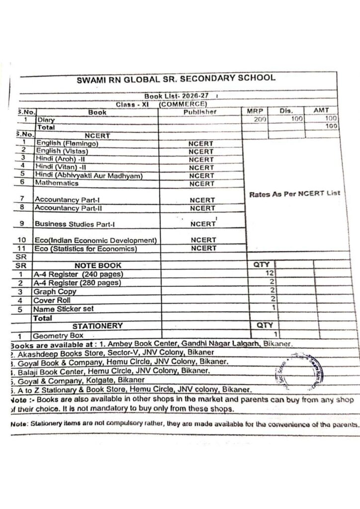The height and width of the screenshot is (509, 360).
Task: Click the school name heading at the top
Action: click(176, 79)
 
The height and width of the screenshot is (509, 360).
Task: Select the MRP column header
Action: click(255, 111)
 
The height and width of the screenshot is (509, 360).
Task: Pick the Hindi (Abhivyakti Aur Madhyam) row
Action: click(89, 175)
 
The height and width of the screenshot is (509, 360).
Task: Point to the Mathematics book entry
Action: click(57, 183)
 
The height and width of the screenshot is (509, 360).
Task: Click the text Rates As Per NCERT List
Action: click(294, 194)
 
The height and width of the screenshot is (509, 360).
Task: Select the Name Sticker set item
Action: click(63, 309)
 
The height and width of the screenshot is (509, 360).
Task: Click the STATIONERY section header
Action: click(97, 326)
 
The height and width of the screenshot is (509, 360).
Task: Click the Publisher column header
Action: click(200, 112)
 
